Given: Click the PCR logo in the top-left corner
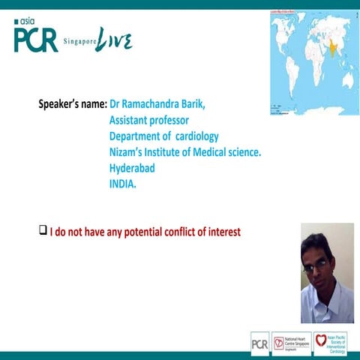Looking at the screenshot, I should click(x=35, y=40).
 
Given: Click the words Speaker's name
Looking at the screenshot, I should click(x=72, y=104).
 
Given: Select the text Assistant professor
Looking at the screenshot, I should click(x=148, y=120).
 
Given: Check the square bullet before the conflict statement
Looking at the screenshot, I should click(x=43, y=231).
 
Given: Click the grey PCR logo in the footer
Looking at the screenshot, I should click(x=259, y=342).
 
